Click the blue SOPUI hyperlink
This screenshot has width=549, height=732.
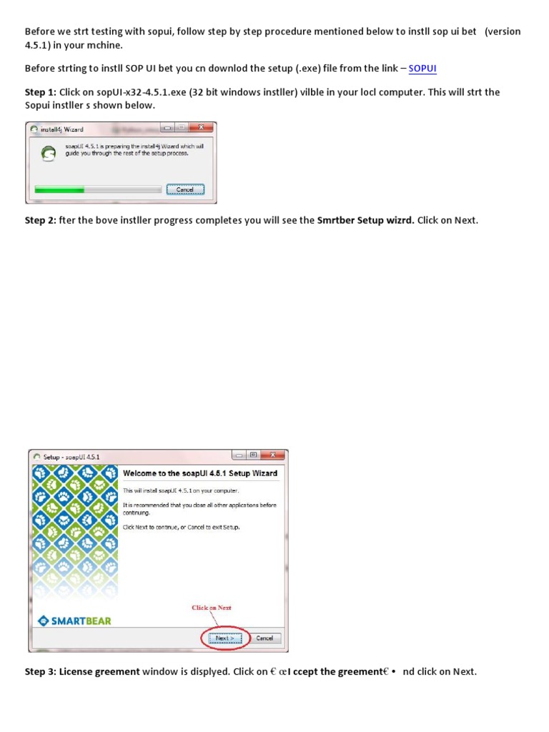pos(422,69)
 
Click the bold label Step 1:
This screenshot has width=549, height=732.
pos(40,92)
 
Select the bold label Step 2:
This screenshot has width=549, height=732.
pos(40,220)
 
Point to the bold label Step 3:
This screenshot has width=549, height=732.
pos(40,671)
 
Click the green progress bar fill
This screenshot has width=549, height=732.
pos(60,189)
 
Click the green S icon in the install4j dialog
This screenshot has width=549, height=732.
pos(49,152)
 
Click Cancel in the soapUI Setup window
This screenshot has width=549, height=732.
pos(264,638)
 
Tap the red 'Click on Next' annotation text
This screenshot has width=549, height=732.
pos(212,608)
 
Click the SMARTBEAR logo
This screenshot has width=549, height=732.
pos(74,620)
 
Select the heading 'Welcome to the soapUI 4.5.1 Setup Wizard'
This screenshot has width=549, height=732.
pos(200,473)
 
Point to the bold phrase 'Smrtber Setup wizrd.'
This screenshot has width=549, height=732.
pos(365,220)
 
